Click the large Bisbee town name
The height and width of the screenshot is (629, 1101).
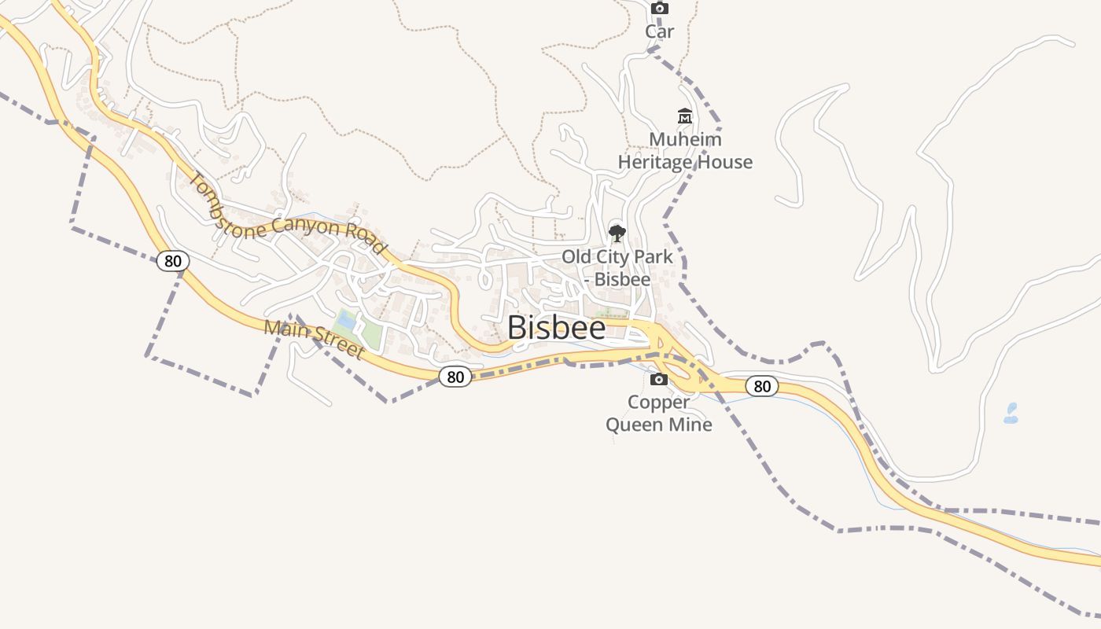556,328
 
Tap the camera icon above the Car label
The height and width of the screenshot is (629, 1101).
660,9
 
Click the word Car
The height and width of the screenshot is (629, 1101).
660,31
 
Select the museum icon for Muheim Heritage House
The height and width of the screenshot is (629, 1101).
685,117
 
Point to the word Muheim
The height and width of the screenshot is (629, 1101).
685,139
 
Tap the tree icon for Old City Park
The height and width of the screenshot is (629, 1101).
617,233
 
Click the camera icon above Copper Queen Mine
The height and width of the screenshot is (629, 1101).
659,380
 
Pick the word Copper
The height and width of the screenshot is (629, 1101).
659,402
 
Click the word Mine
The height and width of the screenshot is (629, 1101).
694,425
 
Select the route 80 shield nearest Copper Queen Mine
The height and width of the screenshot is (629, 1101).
761,386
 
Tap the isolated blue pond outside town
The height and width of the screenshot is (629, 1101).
1011,414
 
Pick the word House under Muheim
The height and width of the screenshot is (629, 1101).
723,162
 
